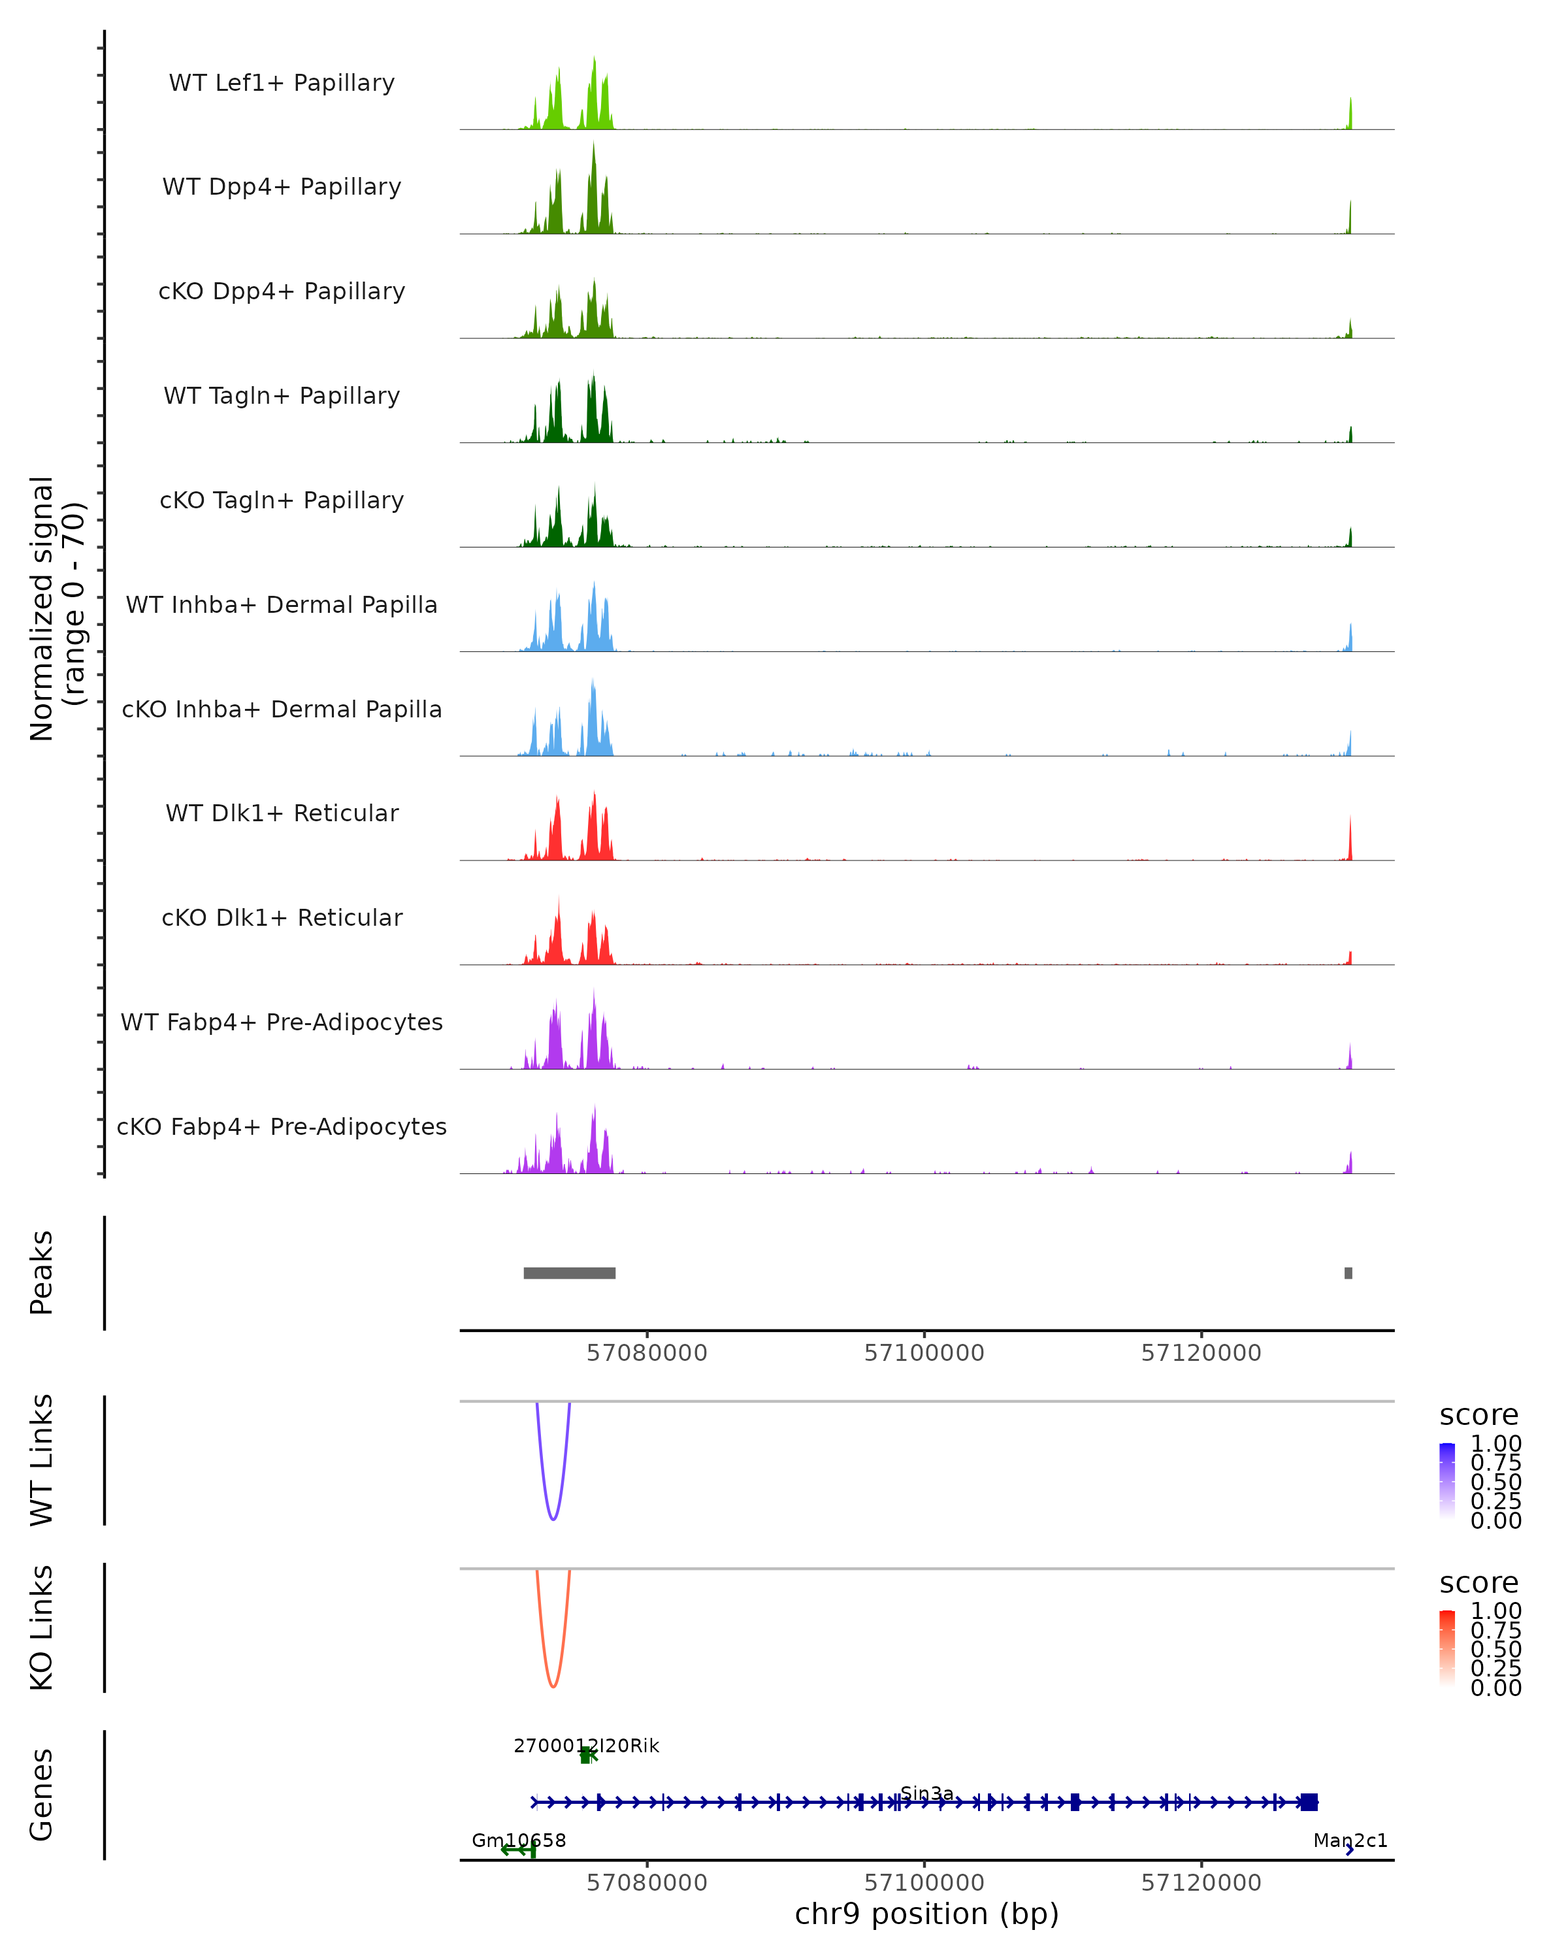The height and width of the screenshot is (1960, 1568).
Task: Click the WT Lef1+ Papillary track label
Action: (282, 83)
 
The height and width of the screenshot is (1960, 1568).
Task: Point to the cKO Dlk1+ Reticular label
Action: (282, 917)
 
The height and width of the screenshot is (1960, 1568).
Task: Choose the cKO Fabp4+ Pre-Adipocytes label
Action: (282, 1126)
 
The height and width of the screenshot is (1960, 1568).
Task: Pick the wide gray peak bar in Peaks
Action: (569, 1273)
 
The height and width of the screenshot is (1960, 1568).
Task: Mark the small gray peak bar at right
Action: (1348, 1273)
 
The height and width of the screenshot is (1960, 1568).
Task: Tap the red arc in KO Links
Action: (553, 1686)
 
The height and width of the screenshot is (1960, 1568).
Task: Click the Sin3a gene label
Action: (926, 1793)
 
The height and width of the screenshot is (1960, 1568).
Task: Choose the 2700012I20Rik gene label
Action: (586, 1746)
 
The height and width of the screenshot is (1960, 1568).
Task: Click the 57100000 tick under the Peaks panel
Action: (924, 1353)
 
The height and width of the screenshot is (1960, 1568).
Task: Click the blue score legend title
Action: (1478, 1416)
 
